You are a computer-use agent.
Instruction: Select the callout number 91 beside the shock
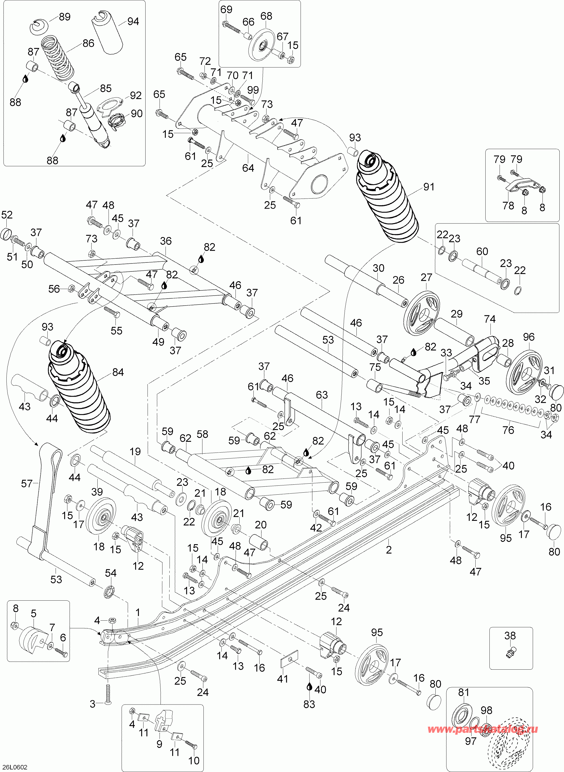coord(428,187)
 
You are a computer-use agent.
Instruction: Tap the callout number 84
coord(118,372)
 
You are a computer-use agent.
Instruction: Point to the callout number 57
coord(27,484)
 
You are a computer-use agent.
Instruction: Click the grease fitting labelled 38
coord(510,652)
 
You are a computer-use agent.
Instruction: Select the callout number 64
coord(248,168)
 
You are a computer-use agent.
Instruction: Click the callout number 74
coord(490,319)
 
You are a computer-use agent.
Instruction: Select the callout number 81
coord(464,692)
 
